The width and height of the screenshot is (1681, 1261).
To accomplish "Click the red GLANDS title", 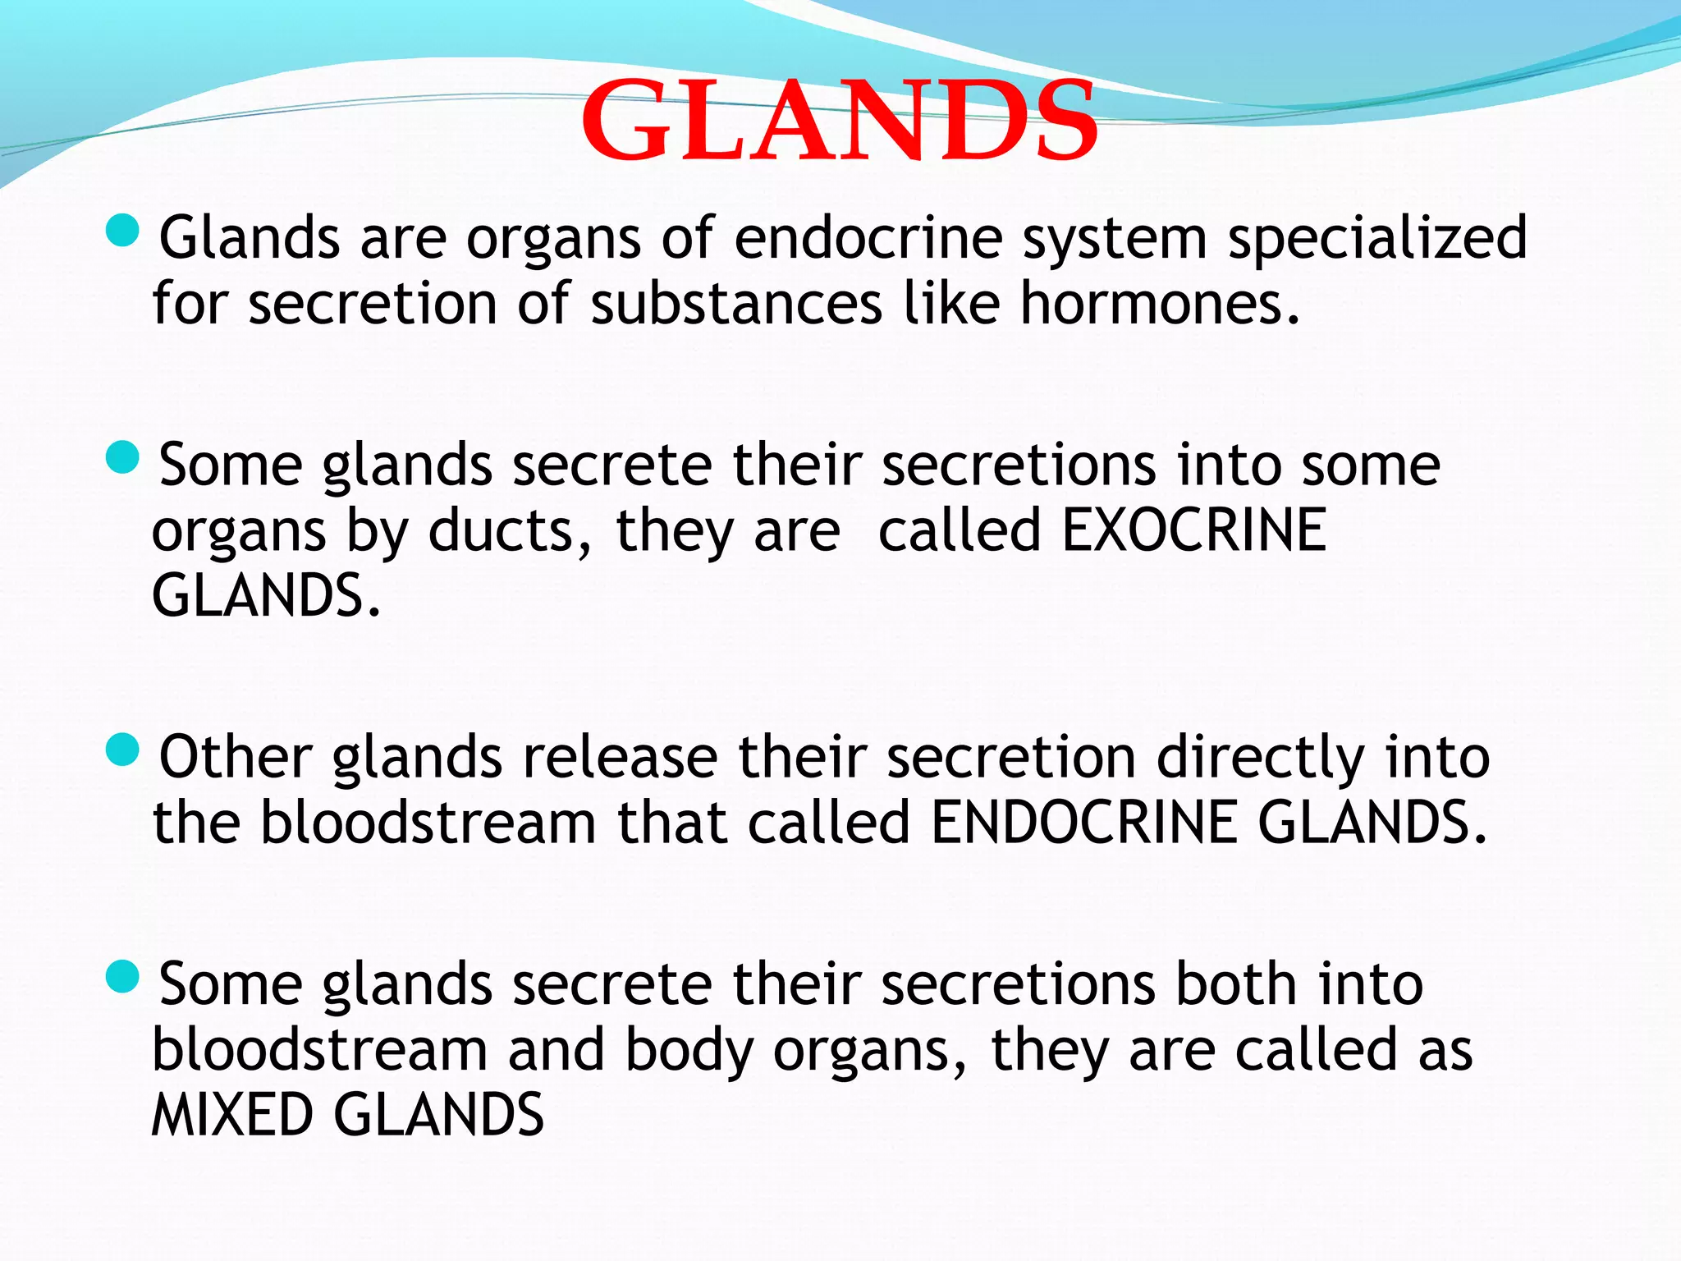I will click(x=839, y=122).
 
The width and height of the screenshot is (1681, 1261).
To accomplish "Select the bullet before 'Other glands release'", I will click(x=123, y=750).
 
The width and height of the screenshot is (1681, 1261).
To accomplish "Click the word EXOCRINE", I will click(x=1193, y=531).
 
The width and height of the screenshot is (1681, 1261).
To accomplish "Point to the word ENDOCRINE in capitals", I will click(x=1083, y=823).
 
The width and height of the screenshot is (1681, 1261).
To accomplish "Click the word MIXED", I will click(x=232, y=1115).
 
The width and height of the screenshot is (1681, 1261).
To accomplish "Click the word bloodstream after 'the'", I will click(x=428, y=823).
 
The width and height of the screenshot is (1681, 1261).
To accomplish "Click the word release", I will click(x=620, y=758).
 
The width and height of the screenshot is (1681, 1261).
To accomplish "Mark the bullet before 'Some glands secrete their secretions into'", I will click(x=123, y=457).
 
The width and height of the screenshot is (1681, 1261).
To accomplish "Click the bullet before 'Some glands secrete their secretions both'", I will click(x=123, y=976).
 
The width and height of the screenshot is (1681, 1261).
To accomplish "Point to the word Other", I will click(x=236, y=758).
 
